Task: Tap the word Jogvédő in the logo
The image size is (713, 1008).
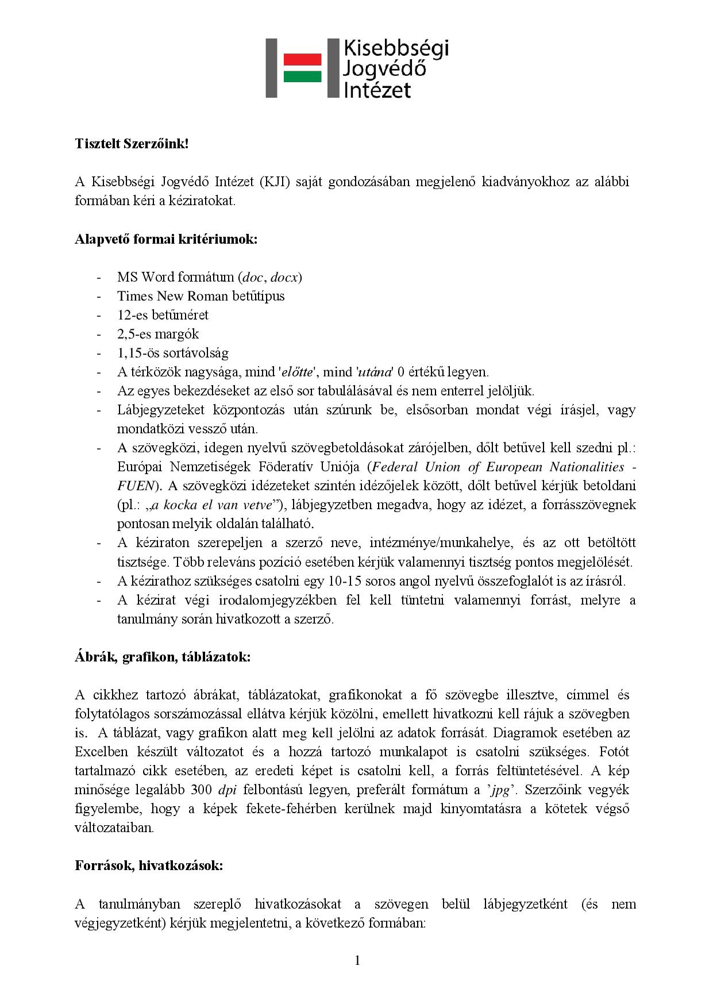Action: (384, 69)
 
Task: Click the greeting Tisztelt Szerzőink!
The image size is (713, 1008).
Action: (132, 144)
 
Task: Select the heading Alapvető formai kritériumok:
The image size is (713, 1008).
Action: (166, 239)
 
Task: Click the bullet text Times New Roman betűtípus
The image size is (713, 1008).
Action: (201, 296)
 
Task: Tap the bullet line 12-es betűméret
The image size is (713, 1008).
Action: (163, 315)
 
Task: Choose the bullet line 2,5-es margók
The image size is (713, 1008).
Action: (158, 334)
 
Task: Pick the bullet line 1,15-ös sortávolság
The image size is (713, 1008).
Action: (172, 353)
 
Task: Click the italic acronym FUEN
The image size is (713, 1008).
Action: (136, 486)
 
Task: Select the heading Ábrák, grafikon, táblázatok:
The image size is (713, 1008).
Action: (163, 657)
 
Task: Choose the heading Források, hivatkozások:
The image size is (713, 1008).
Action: (149, 865)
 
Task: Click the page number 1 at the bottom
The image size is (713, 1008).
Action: (357, 960)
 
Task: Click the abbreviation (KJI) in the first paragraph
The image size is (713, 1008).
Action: (278, 182)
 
